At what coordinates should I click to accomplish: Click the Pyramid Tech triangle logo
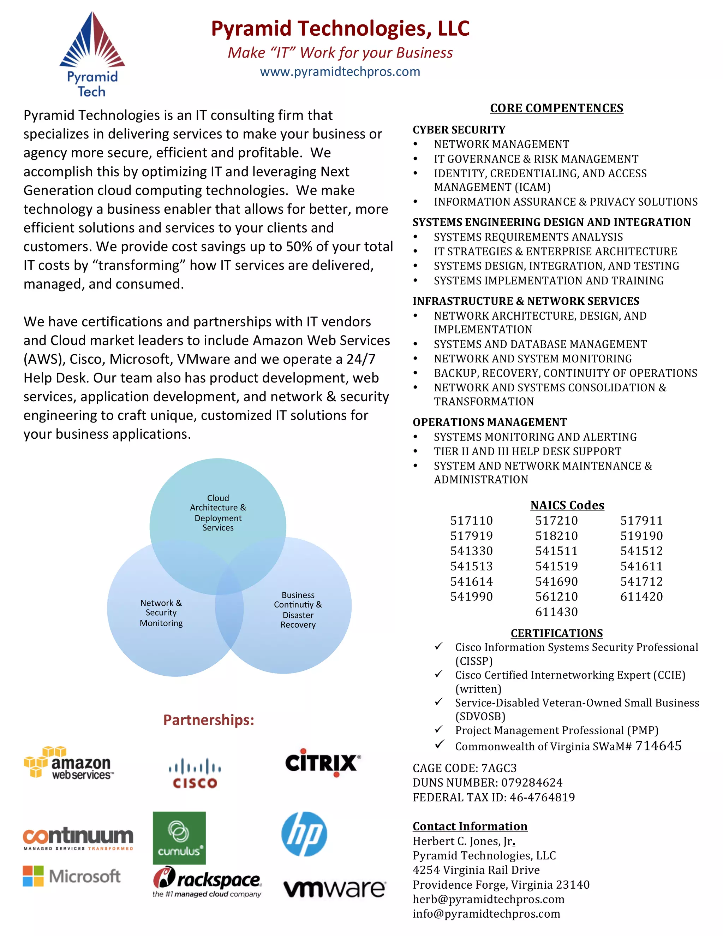[92, 41]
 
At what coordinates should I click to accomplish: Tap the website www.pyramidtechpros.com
[340, 72]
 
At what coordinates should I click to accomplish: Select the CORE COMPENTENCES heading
[556, 108]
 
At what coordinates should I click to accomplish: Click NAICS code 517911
[641, 521]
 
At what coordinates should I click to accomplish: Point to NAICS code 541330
[471, 551]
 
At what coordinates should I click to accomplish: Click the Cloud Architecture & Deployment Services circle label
[218, 513]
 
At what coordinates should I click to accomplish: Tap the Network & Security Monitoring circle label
[161, 613]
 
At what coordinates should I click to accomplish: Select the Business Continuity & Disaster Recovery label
[298, 609]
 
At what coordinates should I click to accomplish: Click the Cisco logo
[195, 773]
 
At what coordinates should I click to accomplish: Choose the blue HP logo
[304, 834]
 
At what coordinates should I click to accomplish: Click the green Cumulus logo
[179, 837]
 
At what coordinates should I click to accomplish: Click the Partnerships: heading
[209, 720]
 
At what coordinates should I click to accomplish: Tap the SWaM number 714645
[658, 746]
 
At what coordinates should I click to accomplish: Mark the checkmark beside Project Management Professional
[438, 729]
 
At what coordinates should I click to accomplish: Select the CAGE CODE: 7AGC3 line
[464, 768]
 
